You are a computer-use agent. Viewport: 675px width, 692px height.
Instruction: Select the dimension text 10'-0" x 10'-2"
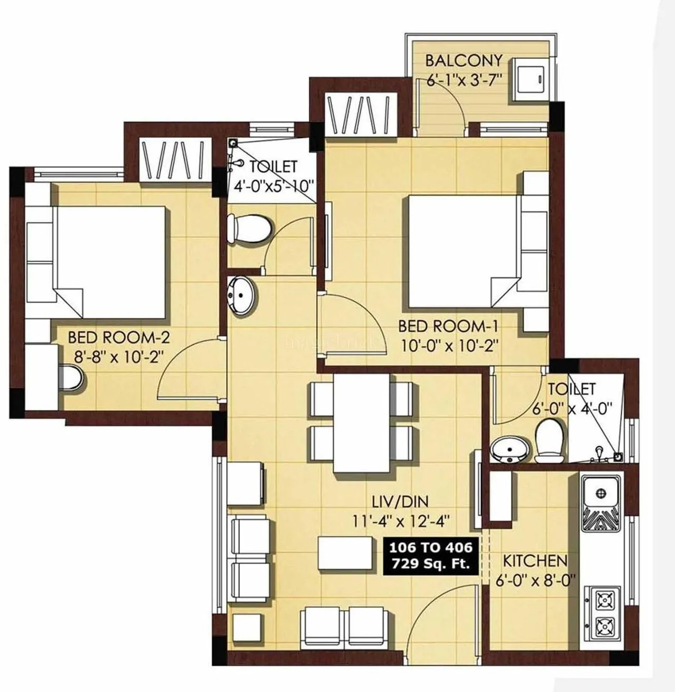tap(448, 346)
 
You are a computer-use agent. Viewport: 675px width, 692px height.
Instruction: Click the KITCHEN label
tap(535, 560)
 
